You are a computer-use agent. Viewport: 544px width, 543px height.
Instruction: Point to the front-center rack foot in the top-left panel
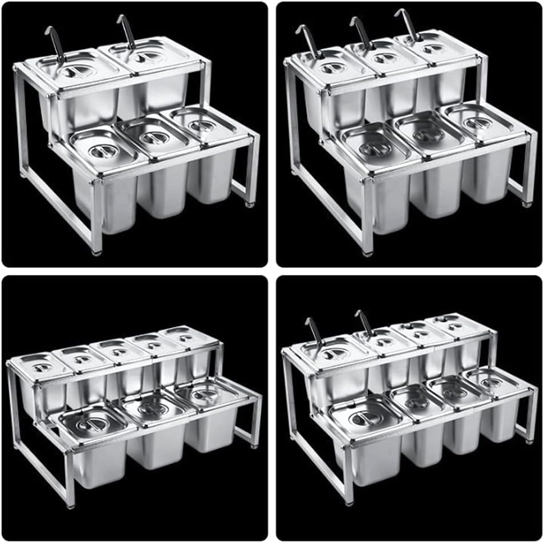(x=96, y=250)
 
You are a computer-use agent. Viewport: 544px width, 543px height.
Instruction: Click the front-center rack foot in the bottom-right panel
(x=350, y=502)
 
